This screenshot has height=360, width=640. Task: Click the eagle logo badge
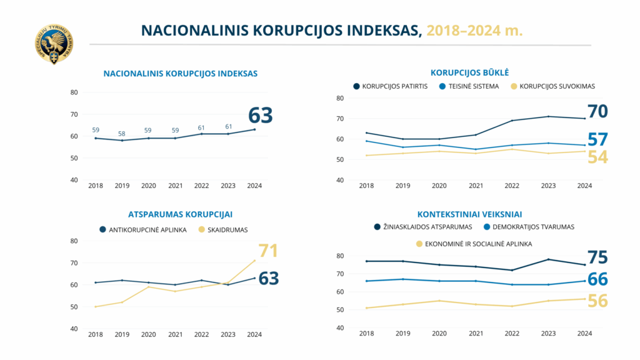tap(54, 45)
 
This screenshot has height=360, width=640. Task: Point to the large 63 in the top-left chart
tap(261, 116)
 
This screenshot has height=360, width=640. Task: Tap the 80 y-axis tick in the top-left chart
tap(74, 92)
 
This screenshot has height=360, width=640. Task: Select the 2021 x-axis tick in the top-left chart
tap(176, 186)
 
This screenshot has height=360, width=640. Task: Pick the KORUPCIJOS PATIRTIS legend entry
tap(390, 86)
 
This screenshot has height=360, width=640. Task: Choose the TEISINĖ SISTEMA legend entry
tap(469, 86)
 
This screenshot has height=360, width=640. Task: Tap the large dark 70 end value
tap(597, 112)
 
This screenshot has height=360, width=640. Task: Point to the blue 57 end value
tap(597, 140)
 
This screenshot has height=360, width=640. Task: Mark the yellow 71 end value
tap(268, 251)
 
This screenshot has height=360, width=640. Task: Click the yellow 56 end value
tap(597, 301)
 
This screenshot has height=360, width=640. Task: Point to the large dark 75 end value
tap(597, 257)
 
